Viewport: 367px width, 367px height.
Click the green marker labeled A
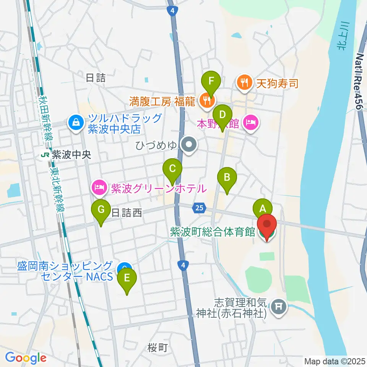[263, 209]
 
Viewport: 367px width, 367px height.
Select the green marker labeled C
[172, 169]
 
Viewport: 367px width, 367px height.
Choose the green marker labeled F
[211, 82]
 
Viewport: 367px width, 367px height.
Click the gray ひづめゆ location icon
[189, 145]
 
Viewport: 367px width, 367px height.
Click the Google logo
[26, 358]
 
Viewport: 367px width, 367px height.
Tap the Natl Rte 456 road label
[359, 82]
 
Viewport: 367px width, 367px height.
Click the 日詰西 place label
[127, 213]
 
